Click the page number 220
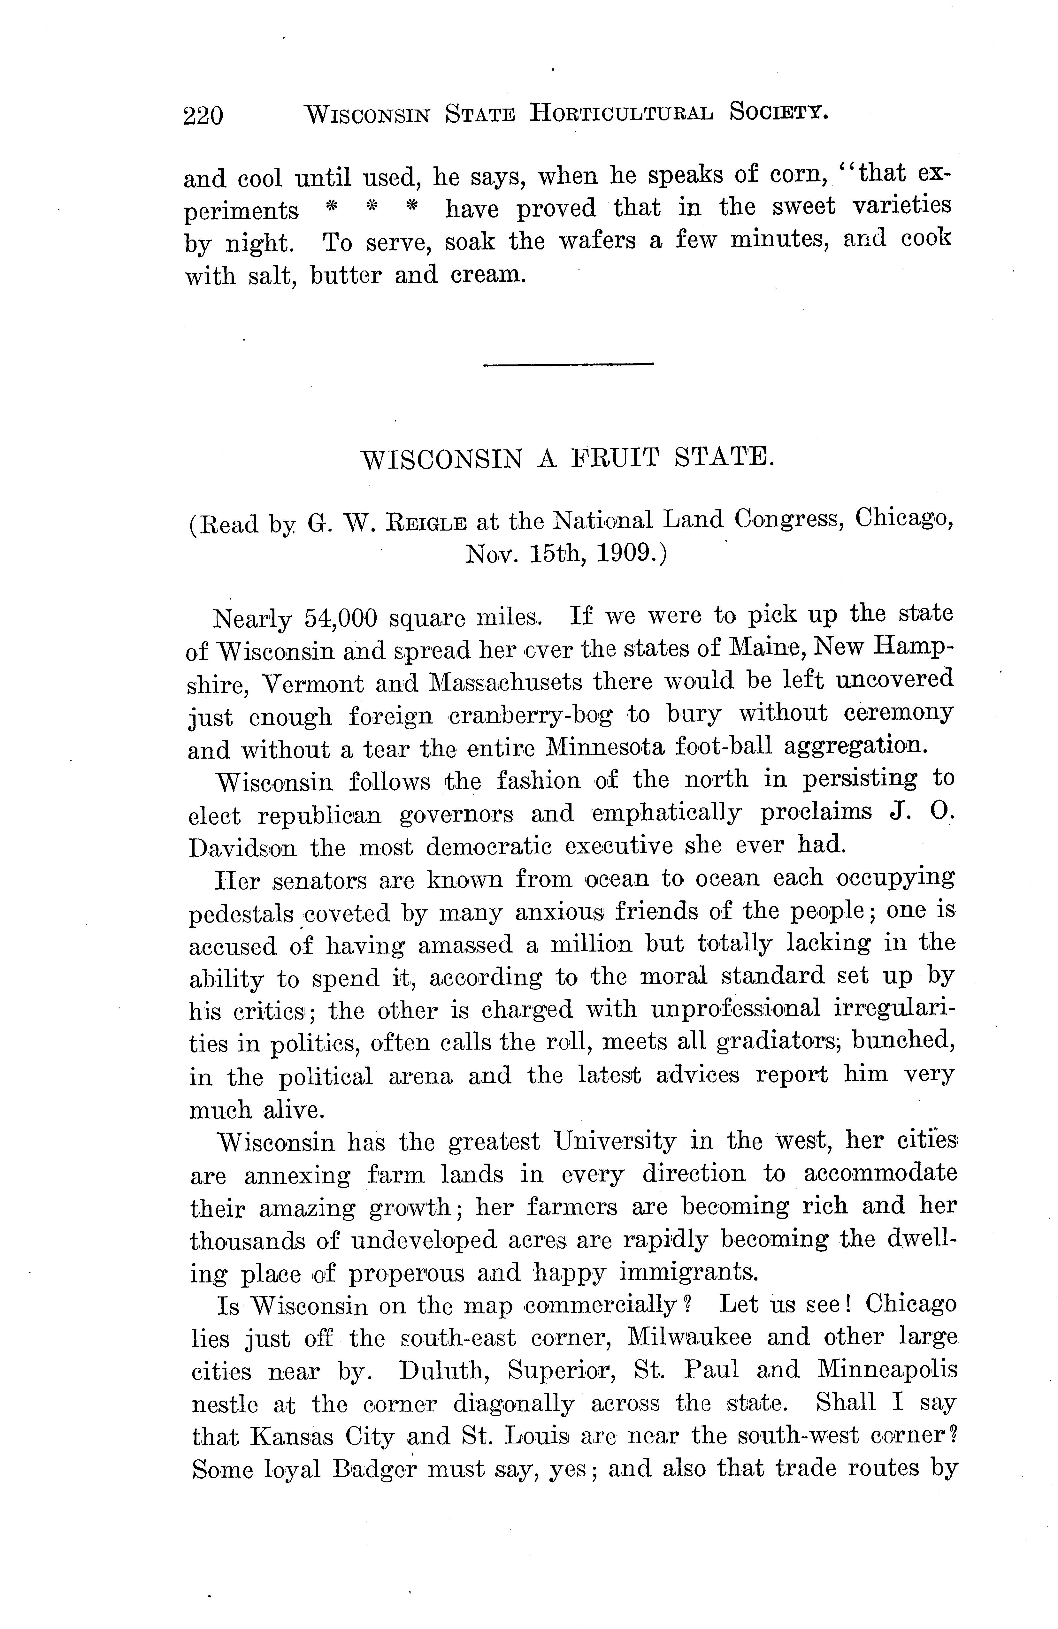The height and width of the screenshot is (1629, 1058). pos(203,115)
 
